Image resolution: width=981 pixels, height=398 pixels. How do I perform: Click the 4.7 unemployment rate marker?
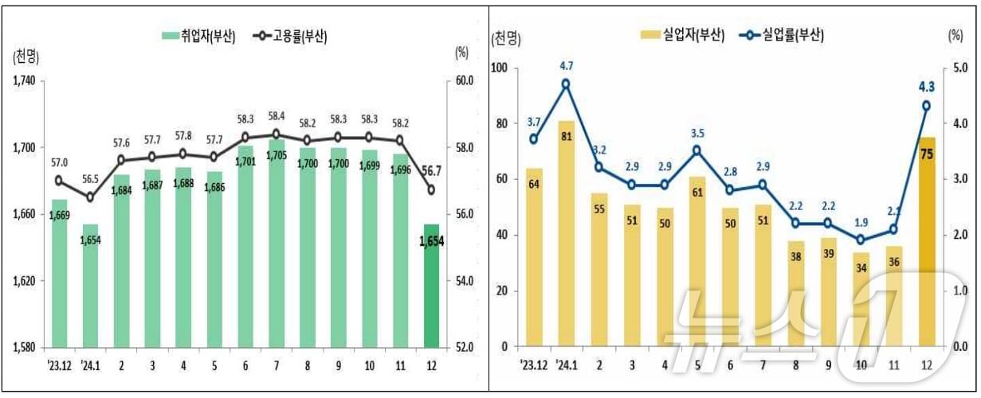tap(566, 84)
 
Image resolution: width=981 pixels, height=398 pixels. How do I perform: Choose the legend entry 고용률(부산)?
tap(290, 36)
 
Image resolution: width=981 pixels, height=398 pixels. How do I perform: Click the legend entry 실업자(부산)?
tap(683, 36)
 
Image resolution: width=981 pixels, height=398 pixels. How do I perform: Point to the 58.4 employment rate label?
tap(276, 116)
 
